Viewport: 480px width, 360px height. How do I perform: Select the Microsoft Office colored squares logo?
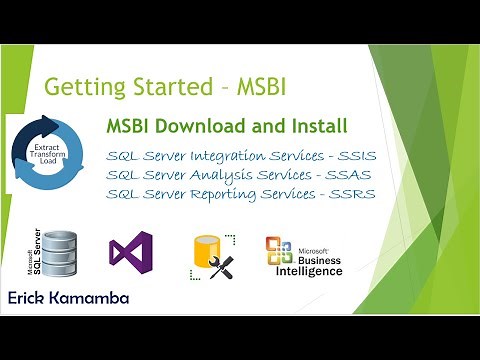coord(278,251)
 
